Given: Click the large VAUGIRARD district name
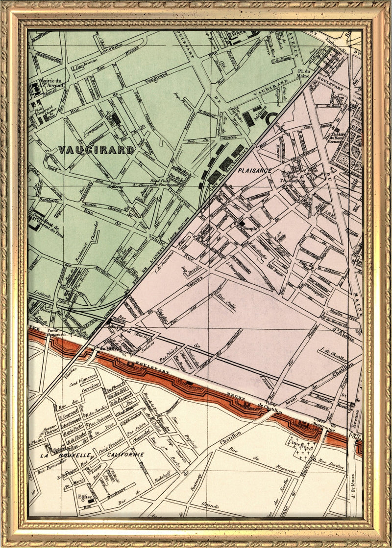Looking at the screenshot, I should point(96,150).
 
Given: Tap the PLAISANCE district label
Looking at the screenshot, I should point(254,170).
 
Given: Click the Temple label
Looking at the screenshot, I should point(249,229).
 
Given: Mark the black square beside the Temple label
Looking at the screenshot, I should point(242,223).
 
